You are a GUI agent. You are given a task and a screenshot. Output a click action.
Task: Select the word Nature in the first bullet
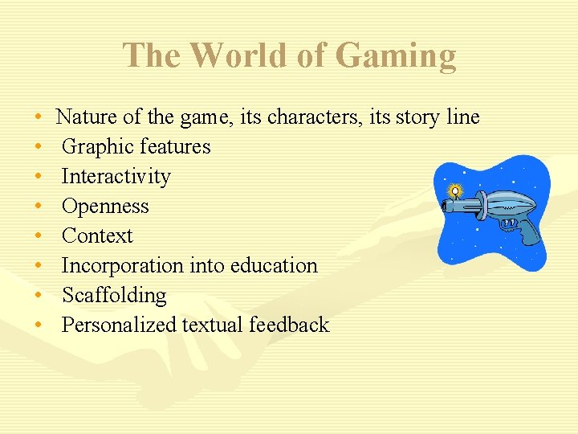point(87,117)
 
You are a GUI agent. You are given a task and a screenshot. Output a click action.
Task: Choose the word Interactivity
point(116,177)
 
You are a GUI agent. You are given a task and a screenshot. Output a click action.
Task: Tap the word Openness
point(105,207)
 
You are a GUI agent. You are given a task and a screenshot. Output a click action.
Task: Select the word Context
point(97,236)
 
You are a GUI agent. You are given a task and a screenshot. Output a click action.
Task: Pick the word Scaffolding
point(114,296)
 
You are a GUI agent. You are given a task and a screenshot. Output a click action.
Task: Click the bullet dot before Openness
point(39,207)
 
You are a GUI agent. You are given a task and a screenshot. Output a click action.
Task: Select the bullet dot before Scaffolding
point(39,297)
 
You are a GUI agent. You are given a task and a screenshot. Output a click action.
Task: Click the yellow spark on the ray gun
point(455,191)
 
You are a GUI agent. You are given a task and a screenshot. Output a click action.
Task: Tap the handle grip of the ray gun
point(527,231)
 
